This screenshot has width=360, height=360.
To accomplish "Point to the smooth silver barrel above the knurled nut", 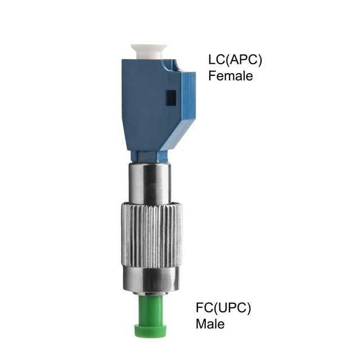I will coord(150,183).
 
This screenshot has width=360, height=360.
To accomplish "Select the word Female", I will coord(231,75).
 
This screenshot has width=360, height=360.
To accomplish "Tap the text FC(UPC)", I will coord(223,308).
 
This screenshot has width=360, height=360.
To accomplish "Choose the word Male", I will coord(210,324).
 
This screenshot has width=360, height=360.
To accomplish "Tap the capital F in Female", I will coord(213,75).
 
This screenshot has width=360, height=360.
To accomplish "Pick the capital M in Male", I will coord(201,324).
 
